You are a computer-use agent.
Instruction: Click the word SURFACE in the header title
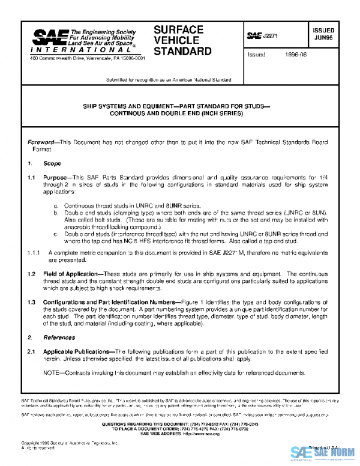pos(179,29)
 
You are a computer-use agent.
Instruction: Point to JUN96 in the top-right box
pos(325,37)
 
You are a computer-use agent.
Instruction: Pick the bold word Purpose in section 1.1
pos(56,178)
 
